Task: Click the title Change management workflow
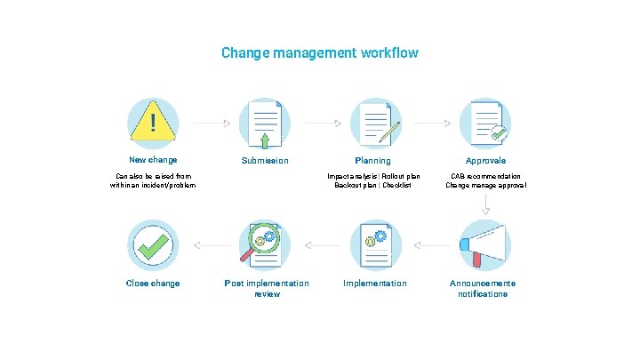coord(320,53)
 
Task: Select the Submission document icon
coord(265,123)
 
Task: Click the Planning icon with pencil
coord(375,123)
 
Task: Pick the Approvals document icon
coord(485,123)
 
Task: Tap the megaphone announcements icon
coord(483,244)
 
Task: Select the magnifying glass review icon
coord(265,244)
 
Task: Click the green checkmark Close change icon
coord(153,244)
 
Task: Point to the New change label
coord(153,160)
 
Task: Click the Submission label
coord(265,161)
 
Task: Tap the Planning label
coord(372,161)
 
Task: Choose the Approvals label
coord(485,161)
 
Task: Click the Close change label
coord(153,284)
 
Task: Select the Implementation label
coord(375,284)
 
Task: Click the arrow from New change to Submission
coord(212,123)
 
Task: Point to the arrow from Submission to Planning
coord(322,123)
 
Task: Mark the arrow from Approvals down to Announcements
coord(485,204)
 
